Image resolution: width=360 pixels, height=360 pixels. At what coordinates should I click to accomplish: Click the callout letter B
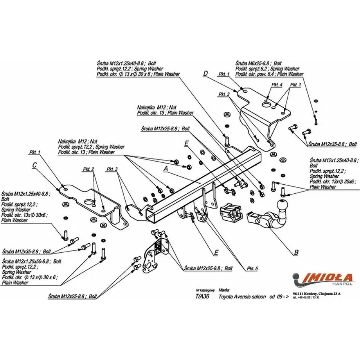click(296, 253)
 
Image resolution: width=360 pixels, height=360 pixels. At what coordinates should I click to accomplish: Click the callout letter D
click(206, 74)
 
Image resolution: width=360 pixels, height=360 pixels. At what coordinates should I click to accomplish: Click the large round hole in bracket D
click(267, 105)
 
